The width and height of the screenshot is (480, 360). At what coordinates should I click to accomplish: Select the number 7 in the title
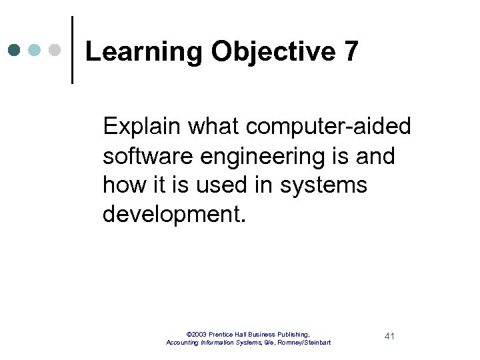(x=352, y=51)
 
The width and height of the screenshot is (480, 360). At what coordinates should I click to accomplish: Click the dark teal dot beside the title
(x=15, y=50)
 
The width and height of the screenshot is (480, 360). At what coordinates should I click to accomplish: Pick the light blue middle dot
(x=35, y=50)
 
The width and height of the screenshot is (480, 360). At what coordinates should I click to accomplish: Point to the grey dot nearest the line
(x=55, y=50)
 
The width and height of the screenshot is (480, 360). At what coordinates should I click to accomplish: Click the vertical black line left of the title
(x=72, y=50)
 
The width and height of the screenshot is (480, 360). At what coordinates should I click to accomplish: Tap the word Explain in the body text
(x=141, y=125)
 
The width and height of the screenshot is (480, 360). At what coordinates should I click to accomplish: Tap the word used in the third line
(x=219, y=185)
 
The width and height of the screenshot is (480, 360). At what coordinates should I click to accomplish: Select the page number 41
(x=390, y=336)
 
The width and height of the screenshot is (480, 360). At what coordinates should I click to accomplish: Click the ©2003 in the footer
(x=197, y=334)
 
